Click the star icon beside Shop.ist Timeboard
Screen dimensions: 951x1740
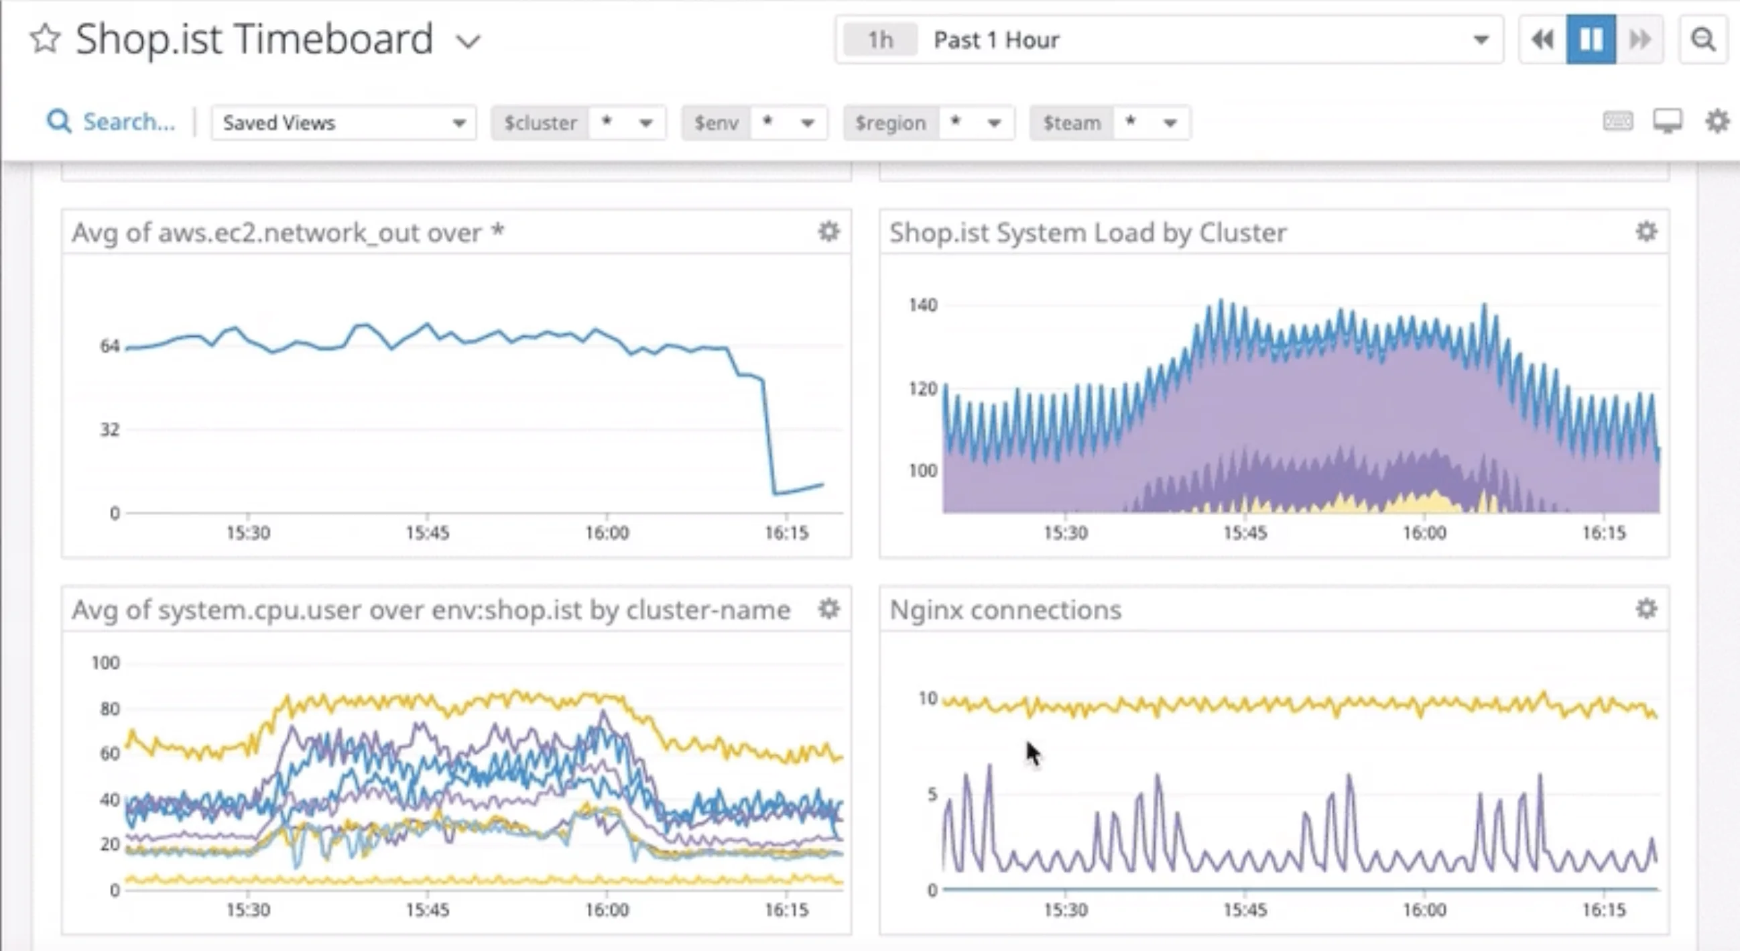click(x=46, y=38)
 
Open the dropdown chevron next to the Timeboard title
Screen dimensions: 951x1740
click(x=467, y=42)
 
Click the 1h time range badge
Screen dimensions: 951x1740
click(x=880, y=40)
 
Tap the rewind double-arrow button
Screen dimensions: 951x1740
click(x=1542, y=40)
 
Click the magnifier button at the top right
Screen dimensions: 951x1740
click(x=1703, y=40)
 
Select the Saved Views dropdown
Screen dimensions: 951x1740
click(x=343, y=123)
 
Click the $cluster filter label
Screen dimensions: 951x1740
click(x=540, y=123)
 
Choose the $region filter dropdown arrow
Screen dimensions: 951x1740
click(x=993, y=123)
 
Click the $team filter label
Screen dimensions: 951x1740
click(x=1071, y=123)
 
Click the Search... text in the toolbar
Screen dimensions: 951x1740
click(x=128, y=122)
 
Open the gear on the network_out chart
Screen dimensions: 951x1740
click(x=829, y=232)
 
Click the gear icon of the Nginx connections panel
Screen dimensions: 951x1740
click(x=1646, y=609)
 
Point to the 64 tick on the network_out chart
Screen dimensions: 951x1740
click(x=109, y=346)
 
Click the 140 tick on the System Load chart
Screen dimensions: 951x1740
click(x=923, y=305)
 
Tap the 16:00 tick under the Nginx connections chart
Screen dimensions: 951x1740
click(x=1424, y=910)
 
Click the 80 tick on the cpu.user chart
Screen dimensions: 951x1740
click(x=109, y=709)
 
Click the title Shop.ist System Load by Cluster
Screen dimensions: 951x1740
click(x=1087, y=233)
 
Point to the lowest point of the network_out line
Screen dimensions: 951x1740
click(x=775, y=494)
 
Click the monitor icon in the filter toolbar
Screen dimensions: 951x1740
click(x=1667, y=121)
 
